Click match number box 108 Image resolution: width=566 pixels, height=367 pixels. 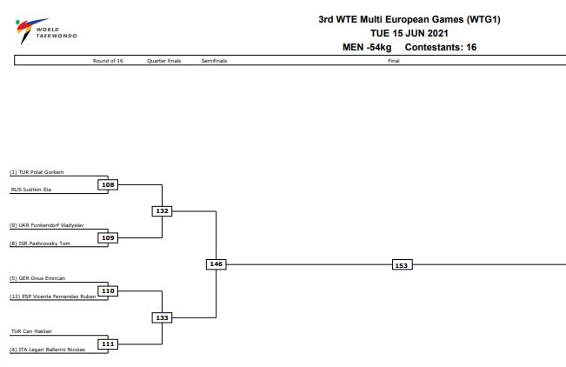108,184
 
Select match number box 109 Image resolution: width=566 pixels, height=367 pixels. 108,237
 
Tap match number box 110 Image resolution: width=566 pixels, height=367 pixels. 108,290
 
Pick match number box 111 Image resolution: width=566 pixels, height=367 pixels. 108,344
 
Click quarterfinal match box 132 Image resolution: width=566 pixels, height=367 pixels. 161,210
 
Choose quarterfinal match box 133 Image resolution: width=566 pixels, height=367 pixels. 161,317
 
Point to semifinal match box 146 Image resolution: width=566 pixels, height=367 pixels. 216,264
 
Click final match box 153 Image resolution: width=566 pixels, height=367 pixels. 401,264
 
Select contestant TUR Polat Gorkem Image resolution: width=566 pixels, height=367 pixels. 37,172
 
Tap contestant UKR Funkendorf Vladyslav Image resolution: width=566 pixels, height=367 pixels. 45,225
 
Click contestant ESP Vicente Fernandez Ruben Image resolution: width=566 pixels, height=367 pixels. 52,297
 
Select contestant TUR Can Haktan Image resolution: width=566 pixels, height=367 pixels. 31,331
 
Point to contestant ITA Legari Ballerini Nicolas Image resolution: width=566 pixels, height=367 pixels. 49,350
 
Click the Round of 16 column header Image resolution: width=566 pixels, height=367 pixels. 108,61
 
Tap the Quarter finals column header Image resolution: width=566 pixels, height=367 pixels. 164,61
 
